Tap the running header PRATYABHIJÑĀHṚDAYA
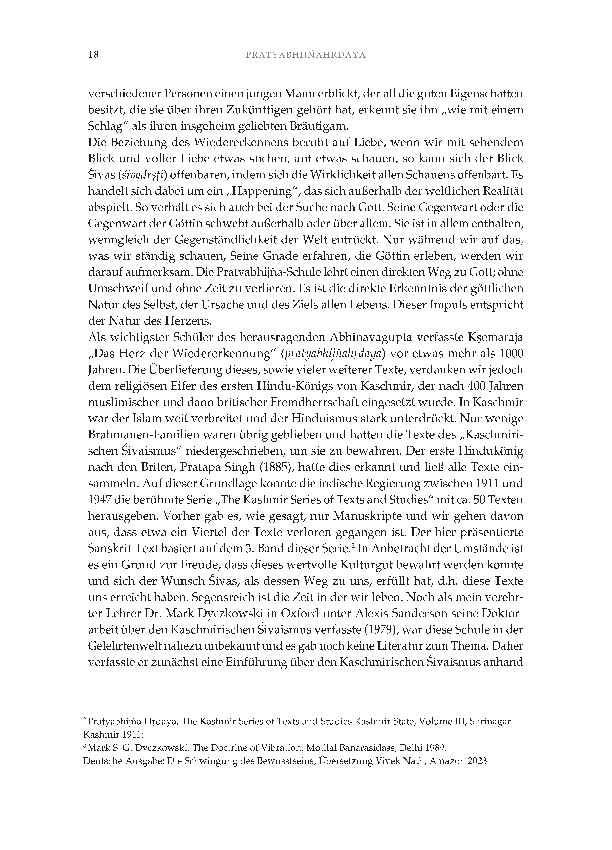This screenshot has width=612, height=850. click(x=306, y=55)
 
